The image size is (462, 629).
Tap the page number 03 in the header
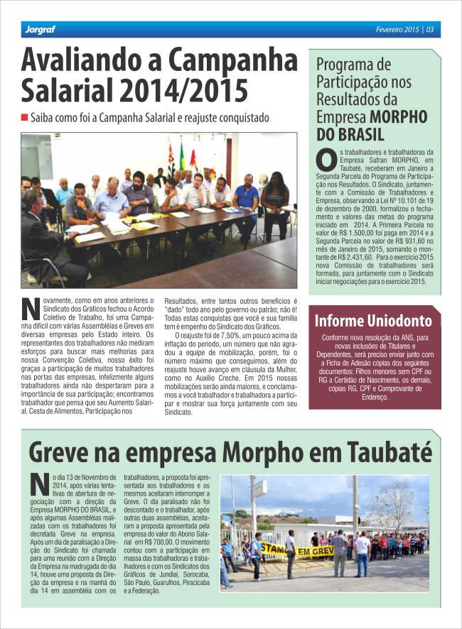(431, 30)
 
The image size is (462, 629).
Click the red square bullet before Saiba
(24, 116)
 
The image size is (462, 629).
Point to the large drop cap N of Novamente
(30, 310)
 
